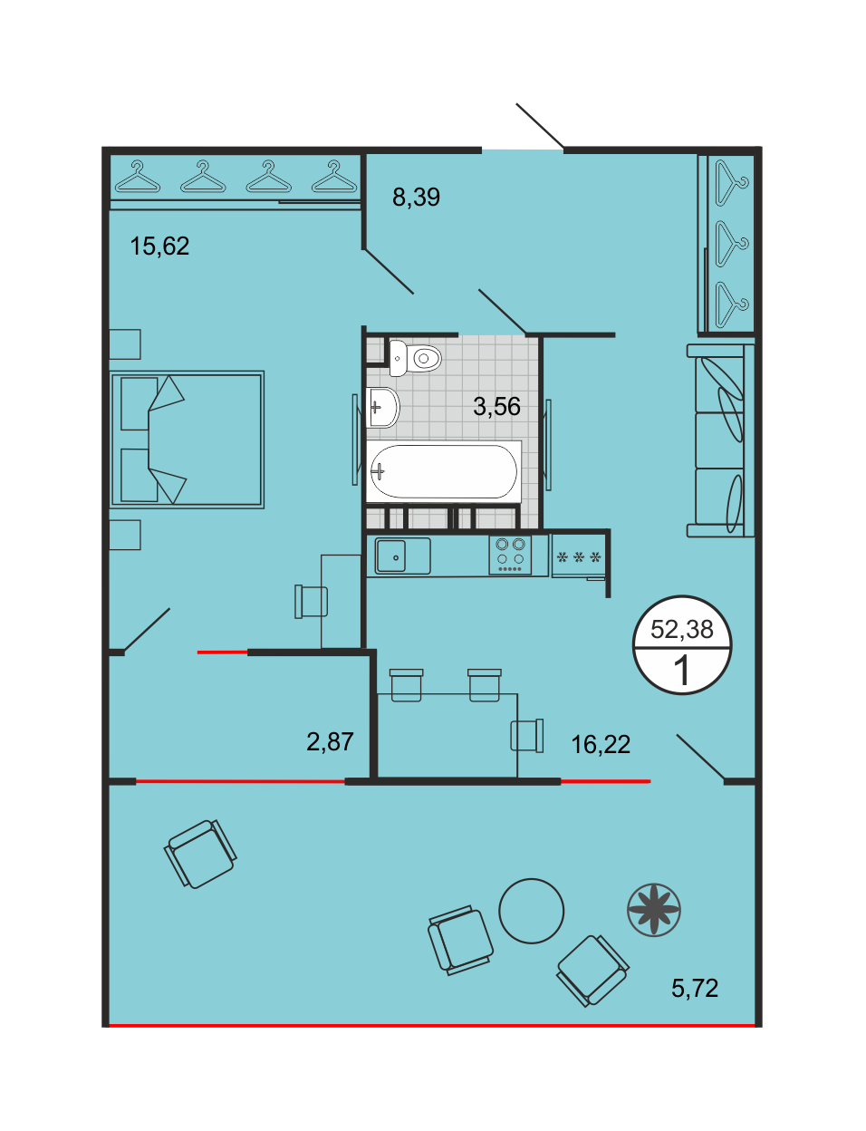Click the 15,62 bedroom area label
[159, 246]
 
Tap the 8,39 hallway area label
[416, 198]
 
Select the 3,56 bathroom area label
[496, 407]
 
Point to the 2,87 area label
[330, 741]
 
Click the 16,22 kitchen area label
[601, 745]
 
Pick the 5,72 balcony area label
[695, 988]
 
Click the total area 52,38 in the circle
[681, 630]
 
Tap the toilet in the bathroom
[415, 358]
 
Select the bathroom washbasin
[383, 407]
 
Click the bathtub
[444, 471]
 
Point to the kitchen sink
[398, 556]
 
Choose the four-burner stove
[510, 556]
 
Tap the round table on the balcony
[531, 911]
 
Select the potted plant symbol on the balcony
[653, 910]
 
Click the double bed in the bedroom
[187, 440]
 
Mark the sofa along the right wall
[720, 440]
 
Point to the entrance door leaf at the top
[540, 126]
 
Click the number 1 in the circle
[681, 671]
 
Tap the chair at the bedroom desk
[311, 602]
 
